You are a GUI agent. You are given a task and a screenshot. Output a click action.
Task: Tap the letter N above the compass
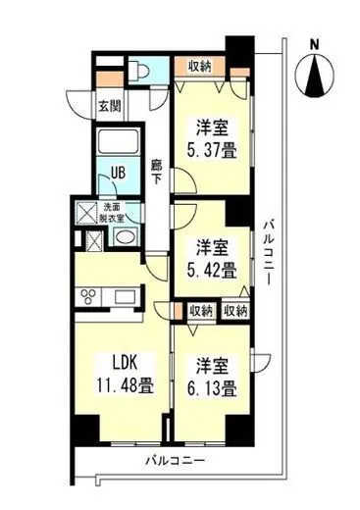[314, 44]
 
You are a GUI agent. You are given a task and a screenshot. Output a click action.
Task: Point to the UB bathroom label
[117, 173]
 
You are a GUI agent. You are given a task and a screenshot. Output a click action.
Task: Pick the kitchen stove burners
[90, 296]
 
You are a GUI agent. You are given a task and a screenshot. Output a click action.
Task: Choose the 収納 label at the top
[200, 67]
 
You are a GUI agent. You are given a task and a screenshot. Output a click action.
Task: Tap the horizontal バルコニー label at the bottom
[175, 459]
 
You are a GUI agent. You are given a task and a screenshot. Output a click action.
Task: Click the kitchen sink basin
[125, 296]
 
